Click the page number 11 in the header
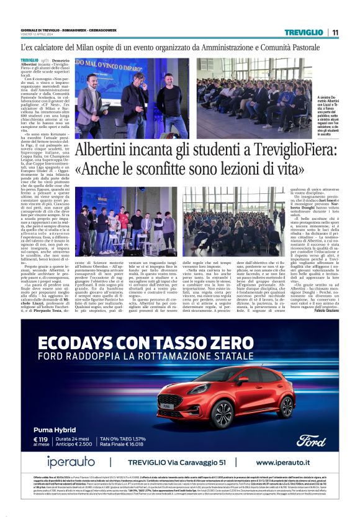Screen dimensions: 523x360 (x=335, y=32)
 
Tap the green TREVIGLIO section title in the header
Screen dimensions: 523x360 (x=305, y=32)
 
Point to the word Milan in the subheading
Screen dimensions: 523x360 (x=95, y=47)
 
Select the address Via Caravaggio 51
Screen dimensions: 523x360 (x=204, y=463)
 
